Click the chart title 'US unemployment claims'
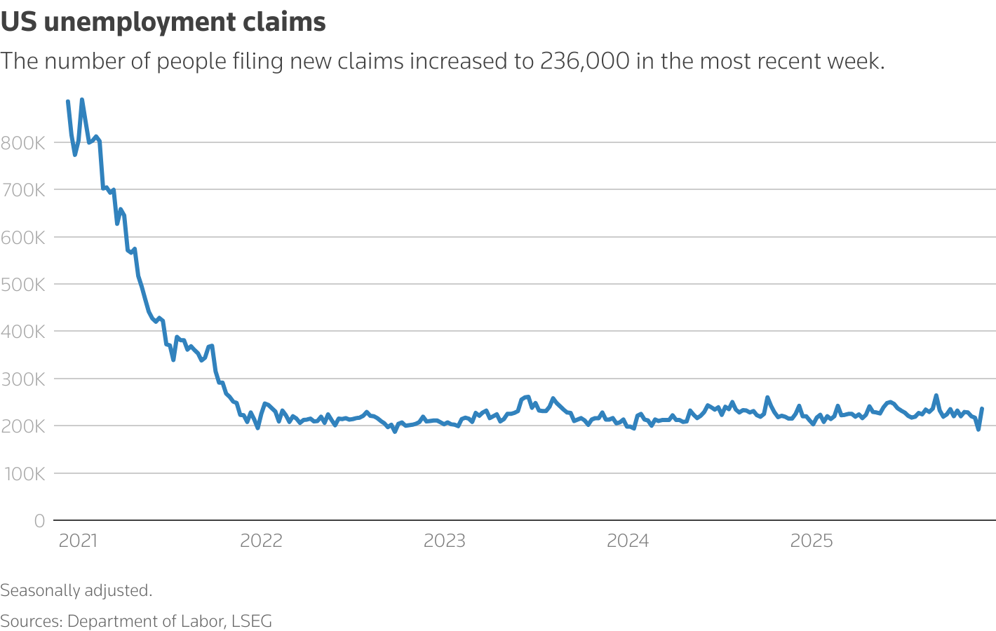pos(163,22)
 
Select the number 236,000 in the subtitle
pos(584,62)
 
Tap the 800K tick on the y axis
pos(22,143)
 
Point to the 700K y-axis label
pos(22,190)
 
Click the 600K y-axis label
pos(22,238)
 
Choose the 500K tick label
pos(22,285)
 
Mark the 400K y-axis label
pos(22,332)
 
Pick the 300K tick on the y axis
pos(22,379)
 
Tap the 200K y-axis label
pos(22,426)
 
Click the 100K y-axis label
pos(22,474)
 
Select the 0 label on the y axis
pos(39,521)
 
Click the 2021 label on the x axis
pos(78,541)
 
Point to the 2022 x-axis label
pos(261,541)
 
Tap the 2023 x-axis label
pos(445,541)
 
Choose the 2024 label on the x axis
pos(628,541)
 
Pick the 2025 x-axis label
pos(812,541)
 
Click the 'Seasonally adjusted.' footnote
pos(76,590)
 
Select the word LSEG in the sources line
pos(251,621)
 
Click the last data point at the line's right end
pos(981,409)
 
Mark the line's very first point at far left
pos(67,102)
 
